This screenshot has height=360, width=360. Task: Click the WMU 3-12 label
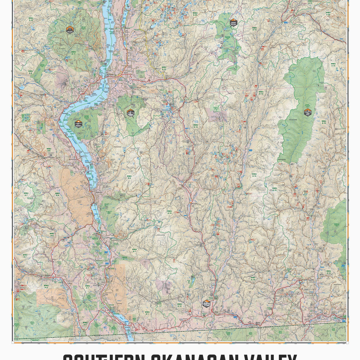click(30, 19)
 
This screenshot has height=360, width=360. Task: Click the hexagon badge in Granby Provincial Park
click(307, 112)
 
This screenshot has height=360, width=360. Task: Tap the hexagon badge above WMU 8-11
click(70, 29)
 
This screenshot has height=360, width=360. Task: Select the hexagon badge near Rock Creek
click(206, 304)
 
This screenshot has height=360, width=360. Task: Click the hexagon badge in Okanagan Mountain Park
click(78, 123)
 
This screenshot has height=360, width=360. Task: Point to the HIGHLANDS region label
click(161, 235)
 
